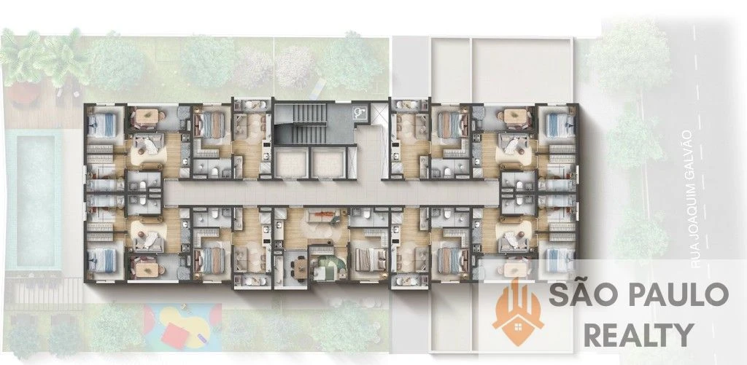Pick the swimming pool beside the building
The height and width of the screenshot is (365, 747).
tap(34, 201)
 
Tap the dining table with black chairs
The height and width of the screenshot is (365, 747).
tap(299, 269)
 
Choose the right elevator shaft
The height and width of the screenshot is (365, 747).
tap(328, 162)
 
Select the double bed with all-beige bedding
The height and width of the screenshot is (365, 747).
tap(370, 259)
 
